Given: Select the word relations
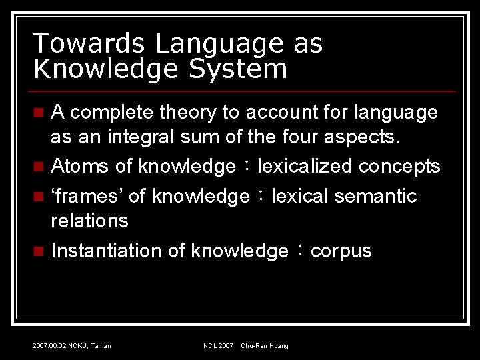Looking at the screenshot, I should coord(89,220).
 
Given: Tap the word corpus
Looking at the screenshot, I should coord(341,252).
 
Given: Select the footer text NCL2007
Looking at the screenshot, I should coord(219,345).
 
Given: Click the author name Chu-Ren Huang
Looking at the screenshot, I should coord(265,345).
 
